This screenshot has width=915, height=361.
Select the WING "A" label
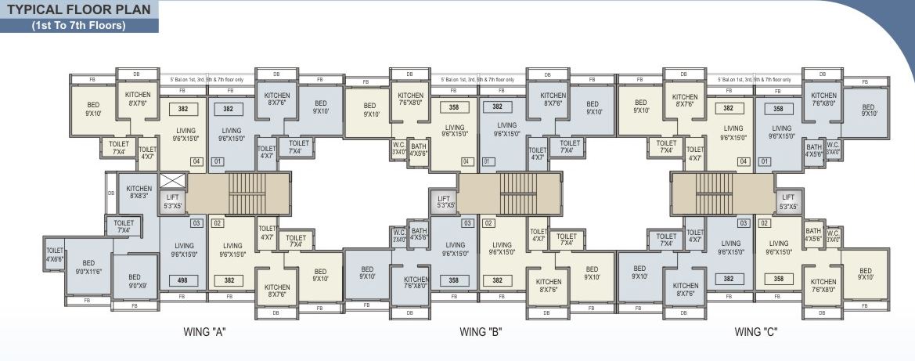tap(204, 332)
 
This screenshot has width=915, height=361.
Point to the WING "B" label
tap(481, 332)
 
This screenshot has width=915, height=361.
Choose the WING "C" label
tap(755, 332)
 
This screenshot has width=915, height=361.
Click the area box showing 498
tap(182, 280)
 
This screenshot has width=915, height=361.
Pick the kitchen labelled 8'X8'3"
tap(139, 193)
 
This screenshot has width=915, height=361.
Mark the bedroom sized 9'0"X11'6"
tap(88, 268)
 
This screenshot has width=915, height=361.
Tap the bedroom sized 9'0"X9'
tap(135, 280)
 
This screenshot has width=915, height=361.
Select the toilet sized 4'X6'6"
tap(54, 255)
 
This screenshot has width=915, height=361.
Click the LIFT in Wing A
tap(171, 202)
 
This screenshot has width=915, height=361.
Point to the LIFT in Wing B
tap(444, 203)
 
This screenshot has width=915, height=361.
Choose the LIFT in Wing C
tap(787, 202)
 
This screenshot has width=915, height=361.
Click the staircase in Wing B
tap(517, 193)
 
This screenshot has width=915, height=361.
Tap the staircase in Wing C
tap(713, 193)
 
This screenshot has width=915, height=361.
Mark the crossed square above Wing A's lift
tap(171, 181)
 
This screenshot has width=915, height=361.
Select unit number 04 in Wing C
tap(743, 162)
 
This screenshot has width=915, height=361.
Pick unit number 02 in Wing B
tap(488, 223)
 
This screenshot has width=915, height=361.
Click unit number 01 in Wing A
tap(218, 162)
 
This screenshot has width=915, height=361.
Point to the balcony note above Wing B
tap(477, 80)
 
